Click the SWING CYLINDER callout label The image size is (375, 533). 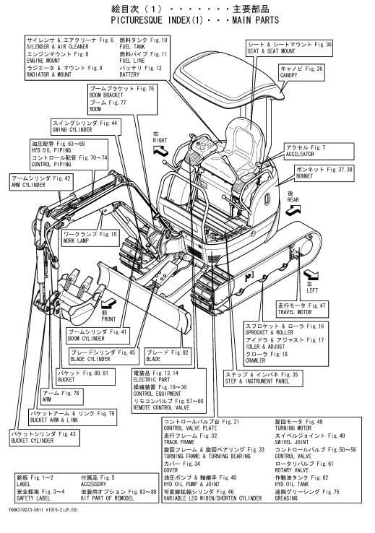[x=85, y=126]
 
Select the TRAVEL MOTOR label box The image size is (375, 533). [x=302, y=308]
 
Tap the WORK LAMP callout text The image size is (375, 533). [x=90, y=238]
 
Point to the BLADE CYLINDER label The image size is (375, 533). [x=103, y=355]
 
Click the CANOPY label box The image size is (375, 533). [x=301, y=72]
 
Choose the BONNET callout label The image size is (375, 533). [x=324, y=173]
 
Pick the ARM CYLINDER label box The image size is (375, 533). [x=41, y=181]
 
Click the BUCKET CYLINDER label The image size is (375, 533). [x=45, y=437]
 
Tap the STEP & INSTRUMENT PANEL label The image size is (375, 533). [x=262, y=378]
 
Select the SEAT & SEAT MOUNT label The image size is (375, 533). [x=289, y=48]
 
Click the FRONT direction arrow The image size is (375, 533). [x=109, y=301]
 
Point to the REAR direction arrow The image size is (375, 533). [x=293, y=211]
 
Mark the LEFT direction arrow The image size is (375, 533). [x=311, y=274]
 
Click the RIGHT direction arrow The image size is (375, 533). [x=160, y=150]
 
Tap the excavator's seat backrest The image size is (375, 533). [x=245, y=136]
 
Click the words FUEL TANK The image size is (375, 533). [x=132, y=47]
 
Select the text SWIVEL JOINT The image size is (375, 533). [x=292, y=442]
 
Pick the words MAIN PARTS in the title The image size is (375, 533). [x=255, y=20]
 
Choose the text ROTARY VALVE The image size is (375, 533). [x=292, y=470]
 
